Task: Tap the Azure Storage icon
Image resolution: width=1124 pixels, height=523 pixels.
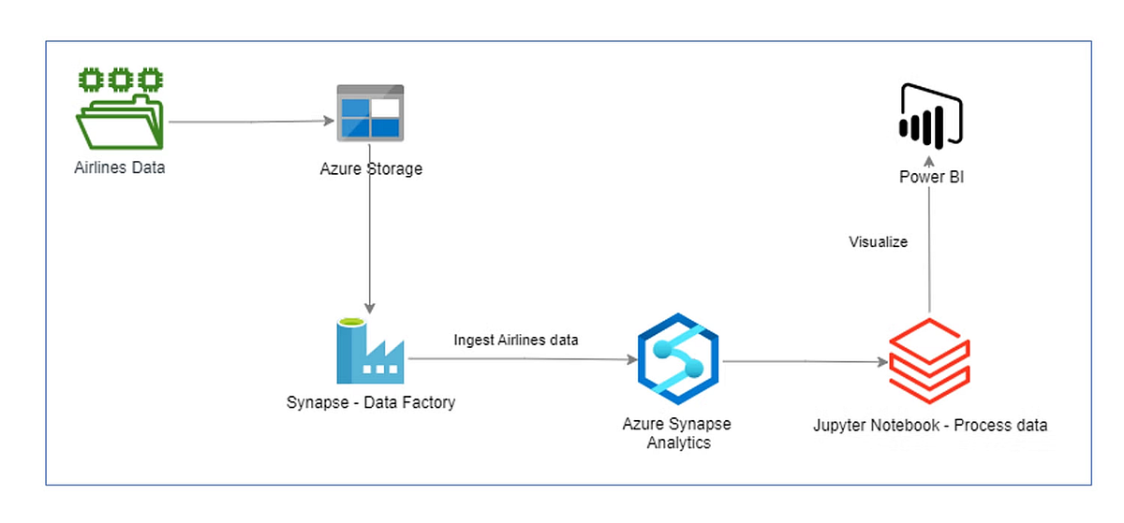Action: tap(370, 113)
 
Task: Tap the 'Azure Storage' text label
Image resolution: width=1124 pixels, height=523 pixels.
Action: tap(370, 169)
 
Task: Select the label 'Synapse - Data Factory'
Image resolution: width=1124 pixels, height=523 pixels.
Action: tap(371, 402)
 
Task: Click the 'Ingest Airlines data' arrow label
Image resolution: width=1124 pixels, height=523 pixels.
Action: tap(516, 340)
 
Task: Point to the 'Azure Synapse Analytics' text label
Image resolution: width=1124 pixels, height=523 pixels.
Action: tap(677, 433)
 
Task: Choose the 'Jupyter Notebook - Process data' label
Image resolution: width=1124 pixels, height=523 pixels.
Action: tap(930, 425)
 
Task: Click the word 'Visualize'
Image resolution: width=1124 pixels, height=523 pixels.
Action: tap(878, 241)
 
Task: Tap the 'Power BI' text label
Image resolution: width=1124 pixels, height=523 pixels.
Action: tap(931, 176)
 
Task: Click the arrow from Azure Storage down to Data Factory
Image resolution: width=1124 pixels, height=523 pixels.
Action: tap(370, 243)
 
